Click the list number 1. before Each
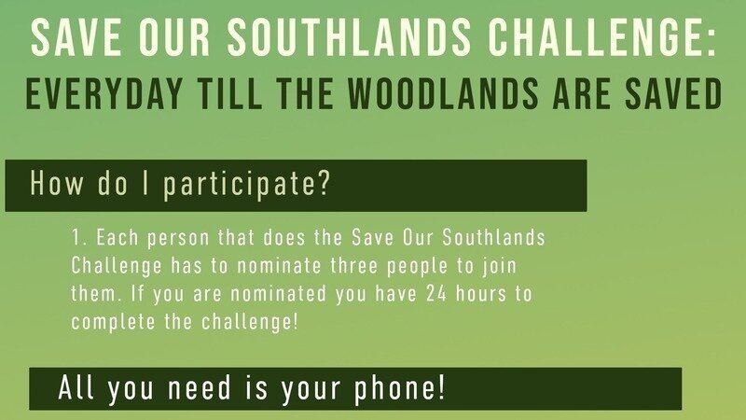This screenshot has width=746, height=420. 77,238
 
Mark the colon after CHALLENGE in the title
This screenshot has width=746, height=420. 713,39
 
